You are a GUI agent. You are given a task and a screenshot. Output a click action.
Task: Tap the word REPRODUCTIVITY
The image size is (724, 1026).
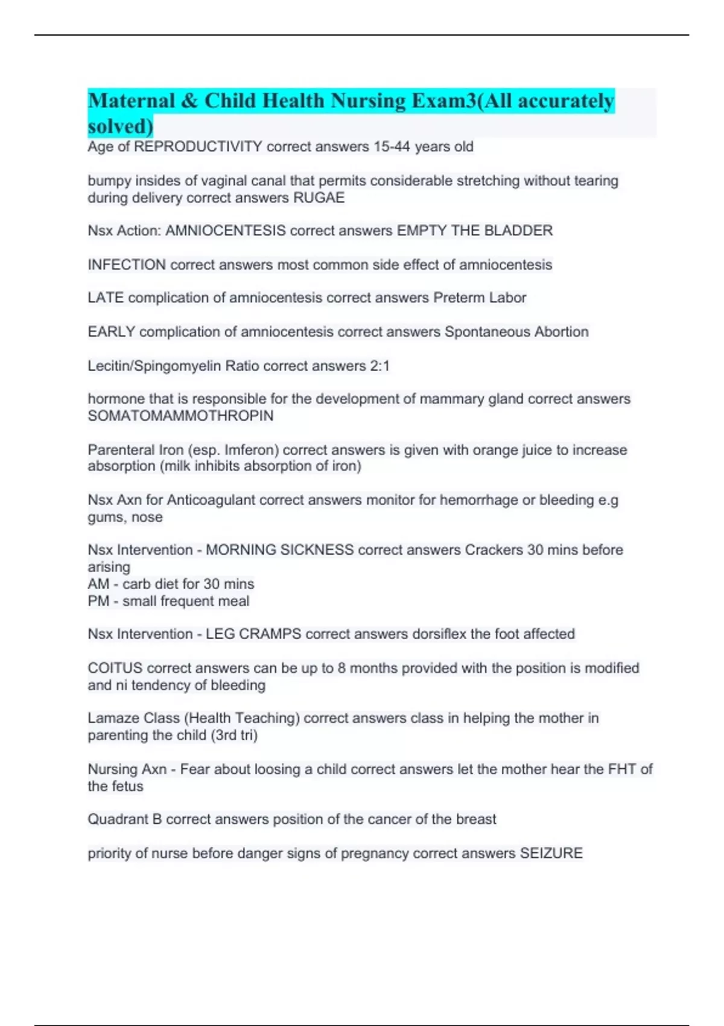[x=198, y=147]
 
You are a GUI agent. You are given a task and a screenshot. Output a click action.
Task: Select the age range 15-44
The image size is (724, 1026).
[x=391, y=147]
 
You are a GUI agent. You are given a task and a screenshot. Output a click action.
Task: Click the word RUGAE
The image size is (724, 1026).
[x=319, y=198]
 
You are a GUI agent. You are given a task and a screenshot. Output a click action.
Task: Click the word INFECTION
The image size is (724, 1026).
[x=127, y=265]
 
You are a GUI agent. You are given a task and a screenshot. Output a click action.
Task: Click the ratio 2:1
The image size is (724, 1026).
[x=379, y=366]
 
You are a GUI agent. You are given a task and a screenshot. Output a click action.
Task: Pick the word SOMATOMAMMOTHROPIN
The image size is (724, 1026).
[x=180, y=416]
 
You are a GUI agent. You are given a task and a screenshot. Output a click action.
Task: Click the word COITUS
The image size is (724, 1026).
[x=115, y=668]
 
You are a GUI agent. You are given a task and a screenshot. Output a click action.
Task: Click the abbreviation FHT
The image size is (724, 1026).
[x=621, y=769]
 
